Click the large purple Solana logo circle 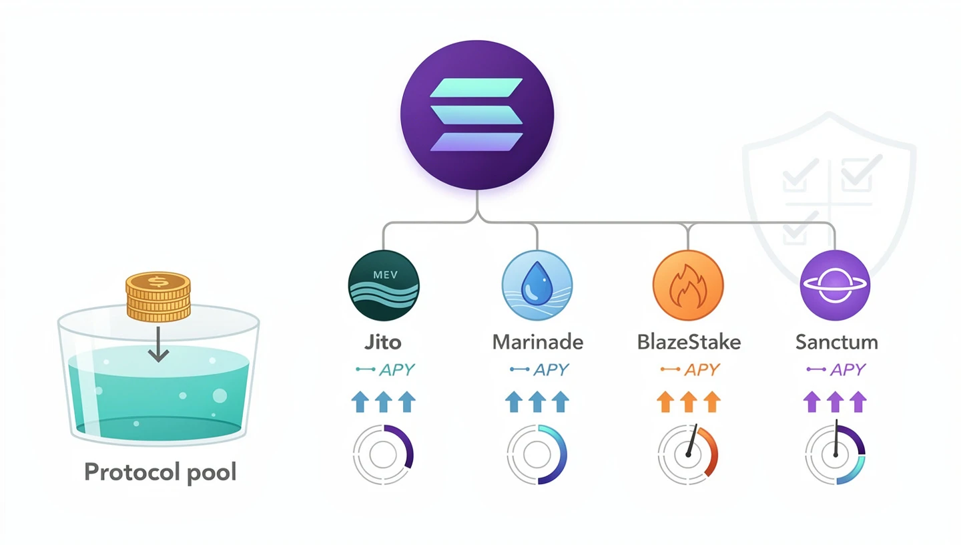(476, 114)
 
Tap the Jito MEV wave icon (384, 285)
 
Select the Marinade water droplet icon (537, 285)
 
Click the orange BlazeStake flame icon (687, 285)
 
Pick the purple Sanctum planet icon (835, 285)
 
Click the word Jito (383, 343)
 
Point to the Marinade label (537, 343)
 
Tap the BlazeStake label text (689, 343)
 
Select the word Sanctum (836, 343)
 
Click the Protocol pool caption (160, 472)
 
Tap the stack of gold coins (158, 296)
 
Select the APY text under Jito (397, 369)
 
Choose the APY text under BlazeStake (701, 369)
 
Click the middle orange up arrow (688, 401)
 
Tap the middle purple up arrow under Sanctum (835, 401)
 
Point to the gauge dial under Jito (383, 454)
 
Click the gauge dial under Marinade (537, 454)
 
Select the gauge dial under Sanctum (835, 454)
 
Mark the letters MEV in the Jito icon (384, 275)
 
